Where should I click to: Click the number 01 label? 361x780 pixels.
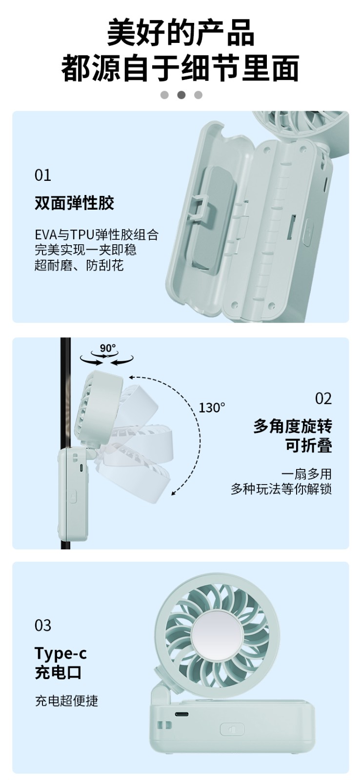tap(43, 175)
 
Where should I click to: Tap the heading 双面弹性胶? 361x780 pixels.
tap(75, 203)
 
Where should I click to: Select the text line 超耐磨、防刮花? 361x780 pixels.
tap(79, 265)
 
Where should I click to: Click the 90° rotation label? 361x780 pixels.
tap(108, 348)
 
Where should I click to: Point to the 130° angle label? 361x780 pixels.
tap(212, 408)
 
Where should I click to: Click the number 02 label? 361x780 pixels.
tap(323, 399)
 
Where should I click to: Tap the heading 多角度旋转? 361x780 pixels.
tap(293, 426)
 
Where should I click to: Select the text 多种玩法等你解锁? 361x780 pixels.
tap(281, 489)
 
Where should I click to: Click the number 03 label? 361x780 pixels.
tap(43, 626)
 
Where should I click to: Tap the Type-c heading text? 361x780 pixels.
tap(60, 653)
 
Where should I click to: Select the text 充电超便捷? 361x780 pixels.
tap(66, 701)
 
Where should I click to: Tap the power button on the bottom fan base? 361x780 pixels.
tap(232, 729)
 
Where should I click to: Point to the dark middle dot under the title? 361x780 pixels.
tap(181, 95)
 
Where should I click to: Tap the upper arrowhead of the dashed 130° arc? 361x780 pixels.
tap(131, 377)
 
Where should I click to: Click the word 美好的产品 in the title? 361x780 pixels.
tap(181, 33)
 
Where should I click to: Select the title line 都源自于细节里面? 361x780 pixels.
tap(180, 68)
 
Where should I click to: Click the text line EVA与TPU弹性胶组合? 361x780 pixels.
tap(97, 234)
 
